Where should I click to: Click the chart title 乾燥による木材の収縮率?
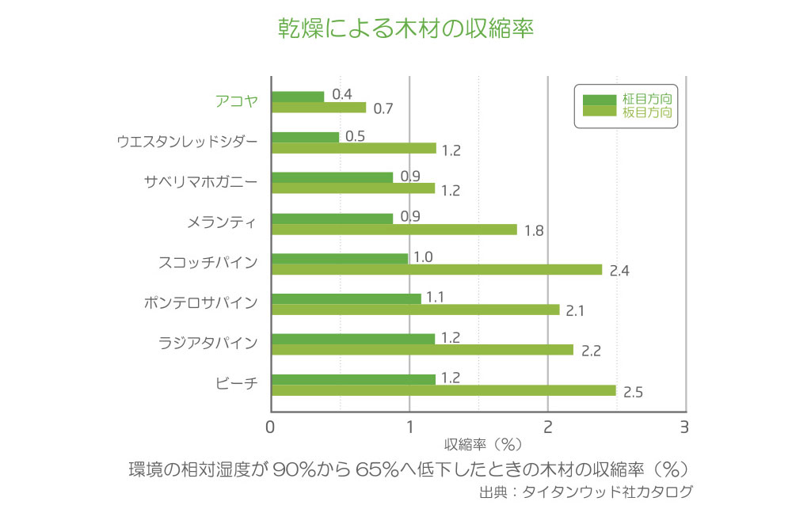click(x=405, y=29)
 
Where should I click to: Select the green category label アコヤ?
click(x=236, y=101)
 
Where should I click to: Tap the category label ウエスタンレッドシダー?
click(x=187, y=142)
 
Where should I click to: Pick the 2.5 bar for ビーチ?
click(x=444, y=390)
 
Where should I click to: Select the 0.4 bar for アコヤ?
click(x=298, y=97)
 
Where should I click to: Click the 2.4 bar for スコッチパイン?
click(x=436, y=269)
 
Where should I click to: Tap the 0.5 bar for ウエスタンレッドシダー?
click(x=305, y=137)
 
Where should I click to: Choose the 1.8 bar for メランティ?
click(x=394, y=230)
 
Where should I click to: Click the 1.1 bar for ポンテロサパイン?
click(x=346, y=298)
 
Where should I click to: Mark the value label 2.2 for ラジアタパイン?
click(x=590, y=351)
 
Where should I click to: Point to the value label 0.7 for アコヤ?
click(x=383, y=108)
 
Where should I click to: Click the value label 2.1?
click(x=575, y=310)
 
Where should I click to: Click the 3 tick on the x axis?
click(x=683, y=427)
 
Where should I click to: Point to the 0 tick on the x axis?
click(x=271, y=427)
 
